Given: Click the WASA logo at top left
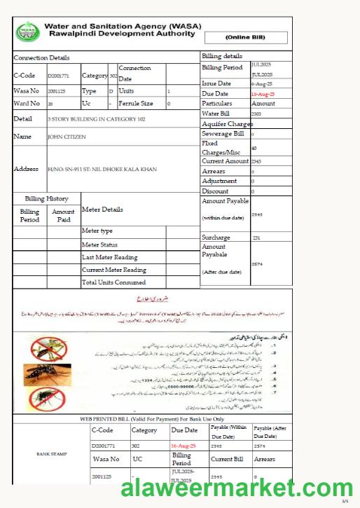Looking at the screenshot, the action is [x=27, y=31].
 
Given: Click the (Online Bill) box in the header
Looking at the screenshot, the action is [x=246, y=38].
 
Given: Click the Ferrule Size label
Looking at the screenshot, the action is [x=136, y=104].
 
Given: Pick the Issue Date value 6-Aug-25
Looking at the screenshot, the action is [x=261, y=83].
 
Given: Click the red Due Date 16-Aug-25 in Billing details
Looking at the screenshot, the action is [x=263, y=94].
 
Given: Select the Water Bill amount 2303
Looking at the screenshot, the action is [x=256, y=114].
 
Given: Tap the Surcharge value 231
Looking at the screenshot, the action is [x=256, y=238].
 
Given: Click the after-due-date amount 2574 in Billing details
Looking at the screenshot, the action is [x=256, y=263].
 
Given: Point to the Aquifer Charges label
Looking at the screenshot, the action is [x=227, y=123].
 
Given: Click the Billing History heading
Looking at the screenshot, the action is [x=47, y=199].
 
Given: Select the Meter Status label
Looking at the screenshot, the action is [x=99, y=245].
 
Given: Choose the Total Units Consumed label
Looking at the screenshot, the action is [x=113, y=282].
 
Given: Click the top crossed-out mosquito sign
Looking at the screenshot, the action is [x=46, y=345].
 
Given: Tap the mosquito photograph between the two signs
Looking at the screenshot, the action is [x=47, y=373].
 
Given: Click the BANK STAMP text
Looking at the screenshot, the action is [x=51, y=454].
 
